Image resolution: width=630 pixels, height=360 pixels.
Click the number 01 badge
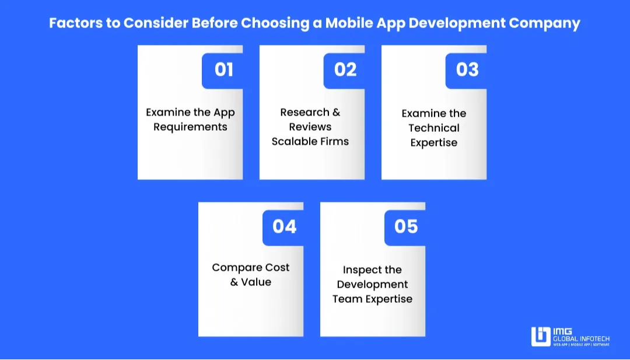[x=223, y=70]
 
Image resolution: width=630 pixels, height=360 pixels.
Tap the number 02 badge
[x=345, y=70]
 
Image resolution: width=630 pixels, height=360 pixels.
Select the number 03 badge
[x=467, y=70]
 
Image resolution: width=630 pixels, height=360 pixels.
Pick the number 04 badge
[x=284, y=226]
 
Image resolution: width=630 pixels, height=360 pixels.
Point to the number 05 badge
[x=406, y=226]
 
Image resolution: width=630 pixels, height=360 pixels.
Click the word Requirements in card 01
[x=190, y=127]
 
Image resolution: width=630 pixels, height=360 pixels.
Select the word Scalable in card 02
[x=293, y=141]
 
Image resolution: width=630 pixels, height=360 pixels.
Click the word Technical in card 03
[x=434, y=128]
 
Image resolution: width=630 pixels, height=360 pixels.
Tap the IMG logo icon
[x=541, y=337]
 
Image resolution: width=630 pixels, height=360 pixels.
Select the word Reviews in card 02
[x=310, y=127]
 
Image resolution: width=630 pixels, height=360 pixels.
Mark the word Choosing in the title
[x=276, y=23]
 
